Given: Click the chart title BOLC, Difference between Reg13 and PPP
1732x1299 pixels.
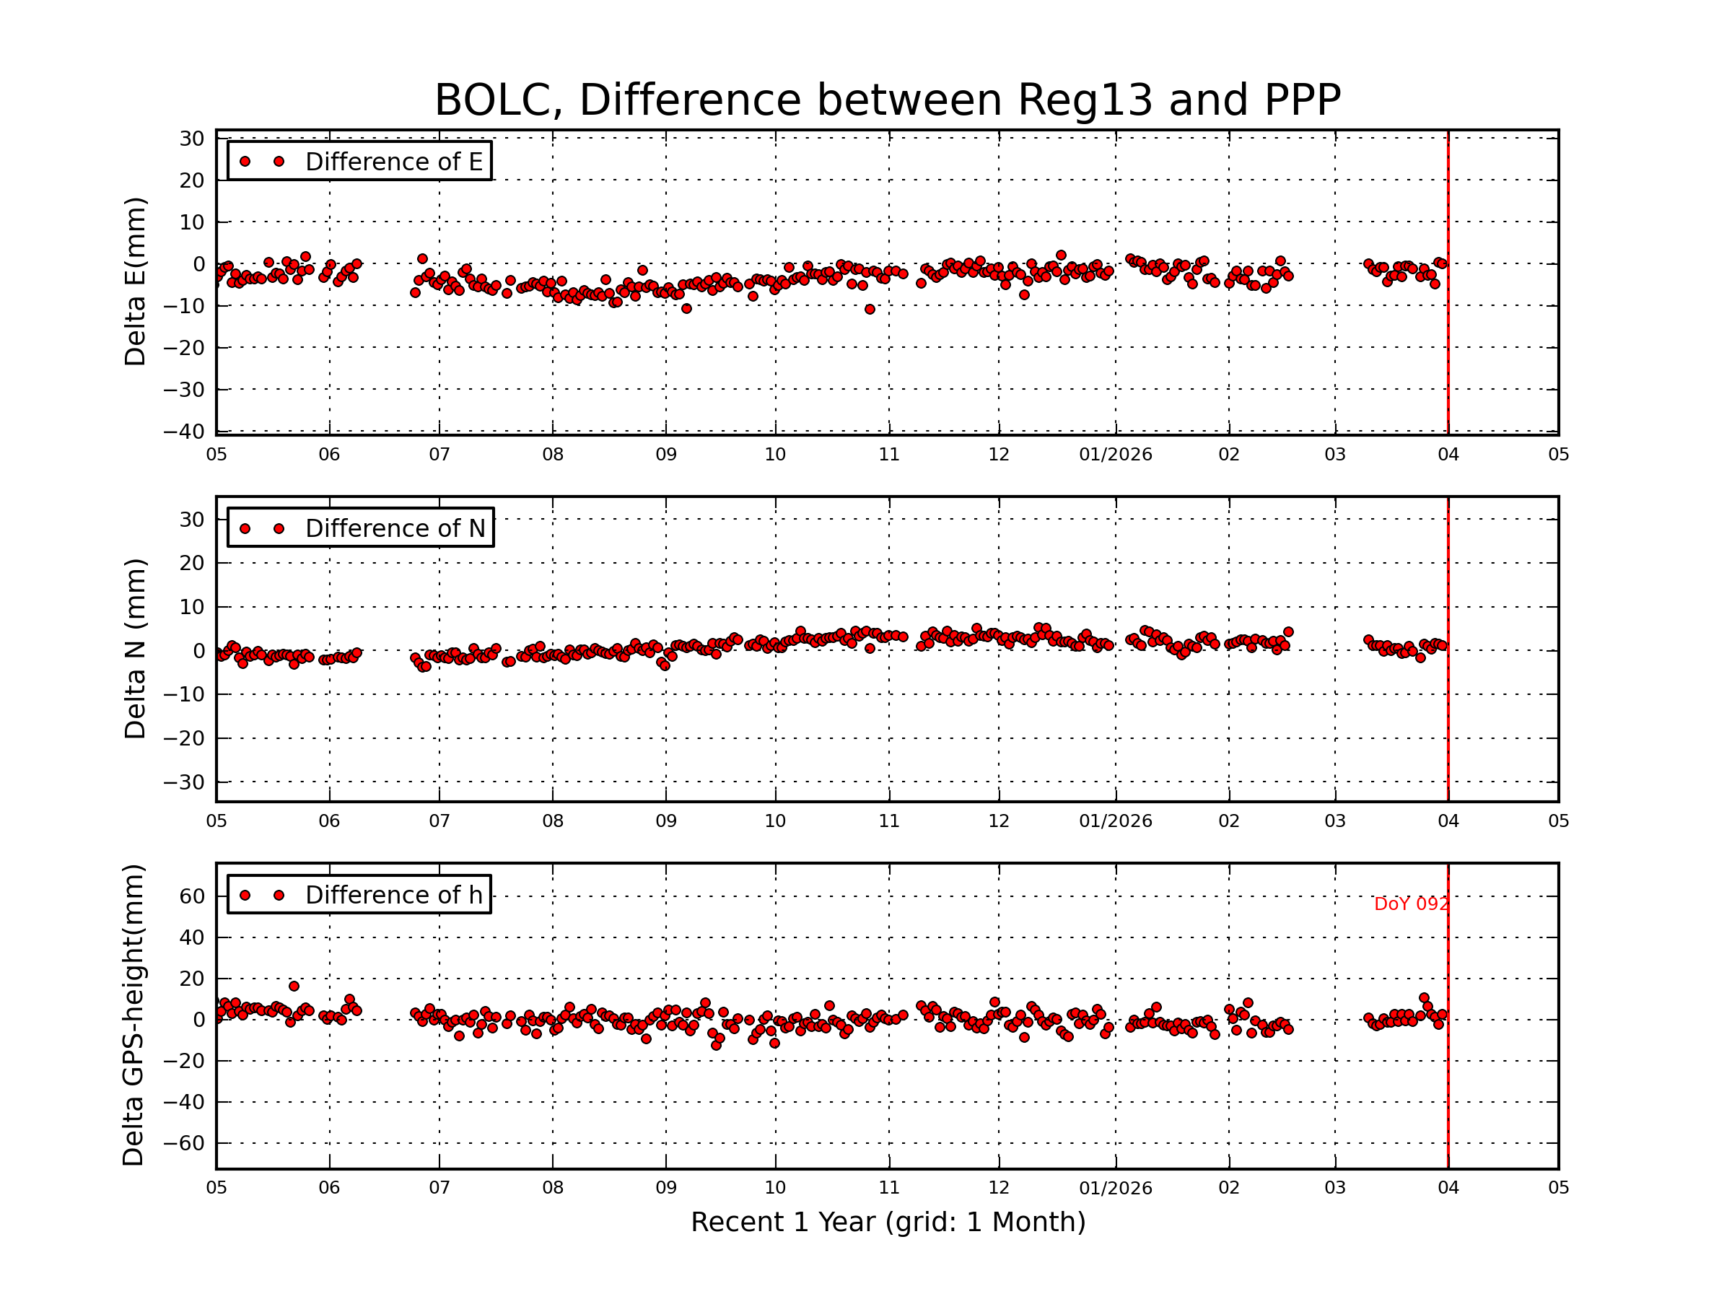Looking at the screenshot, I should point(887,100).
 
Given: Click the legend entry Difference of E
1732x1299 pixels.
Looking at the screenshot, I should point(393,162).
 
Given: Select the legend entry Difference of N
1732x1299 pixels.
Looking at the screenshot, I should point(395,528).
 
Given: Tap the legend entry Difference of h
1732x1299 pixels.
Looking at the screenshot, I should point(393,895).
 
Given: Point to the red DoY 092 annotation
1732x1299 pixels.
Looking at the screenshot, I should point(1411,904).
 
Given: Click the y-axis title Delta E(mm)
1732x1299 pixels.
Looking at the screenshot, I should point(136,282).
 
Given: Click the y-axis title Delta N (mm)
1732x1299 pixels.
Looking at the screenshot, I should point(136,648).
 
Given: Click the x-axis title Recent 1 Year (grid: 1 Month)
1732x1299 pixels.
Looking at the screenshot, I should point(888,1223).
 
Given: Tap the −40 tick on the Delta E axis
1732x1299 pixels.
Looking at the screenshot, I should point(184,432).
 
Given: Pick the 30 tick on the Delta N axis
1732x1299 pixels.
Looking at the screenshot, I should point(192,520).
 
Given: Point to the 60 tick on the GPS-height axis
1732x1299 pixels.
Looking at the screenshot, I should point(192,896).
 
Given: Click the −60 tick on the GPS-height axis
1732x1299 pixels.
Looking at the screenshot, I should point(184,1143).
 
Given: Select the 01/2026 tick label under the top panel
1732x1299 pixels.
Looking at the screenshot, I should point(1115,455).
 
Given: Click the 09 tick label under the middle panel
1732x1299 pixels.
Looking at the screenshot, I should point(665,821).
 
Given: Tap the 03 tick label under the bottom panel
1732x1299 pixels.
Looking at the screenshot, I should point(1334,1188).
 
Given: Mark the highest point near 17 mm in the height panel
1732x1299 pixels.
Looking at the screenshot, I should point(294,987).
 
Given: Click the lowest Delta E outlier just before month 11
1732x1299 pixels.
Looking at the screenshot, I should point(869,310).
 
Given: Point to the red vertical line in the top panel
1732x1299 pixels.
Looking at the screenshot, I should point(1448,282).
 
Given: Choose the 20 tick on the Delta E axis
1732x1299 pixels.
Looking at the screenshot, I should point(192,181).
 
